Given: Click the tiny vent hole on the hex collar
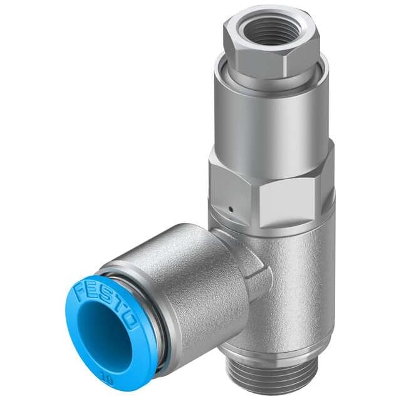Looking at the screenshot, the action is click(231, 210).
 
